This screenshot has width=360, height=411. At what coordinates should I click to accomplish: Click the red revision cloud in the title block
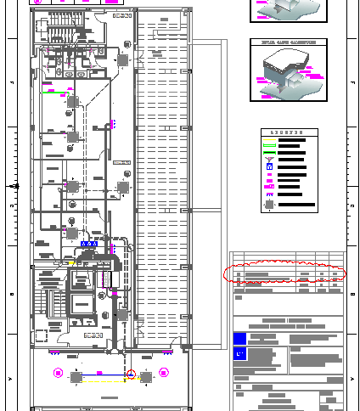click(284, 273)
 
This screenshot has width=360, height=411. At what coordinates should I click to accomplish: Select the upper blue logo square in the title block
click(239, 338)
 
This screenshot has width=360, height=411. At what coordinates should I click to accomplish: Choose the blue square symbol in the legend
click(270, 166)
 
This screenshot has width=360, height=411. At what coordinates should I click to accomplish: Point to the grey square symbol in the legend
click(270, 205)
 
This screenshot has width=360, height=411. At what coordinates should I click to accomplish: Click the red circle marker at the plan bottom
click(131, 374)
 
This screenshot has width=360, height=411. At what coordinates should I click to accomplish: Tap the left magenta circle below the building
click(58, 372)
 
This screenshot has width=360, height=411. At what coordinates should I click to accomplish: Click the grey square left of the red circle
click(76, 376)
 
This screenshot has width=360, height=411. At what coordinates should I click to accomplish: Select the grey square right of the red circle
click(146, 376)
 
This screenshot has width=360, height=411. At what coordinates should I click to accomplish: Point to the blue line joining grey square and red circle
click(104, 374)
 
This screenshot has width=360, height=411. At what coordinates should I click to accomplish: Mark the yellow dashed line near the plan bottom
click(127, 381)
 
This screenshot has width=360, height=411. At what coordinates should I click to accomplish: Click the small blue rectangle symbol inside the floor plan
click(88, 244)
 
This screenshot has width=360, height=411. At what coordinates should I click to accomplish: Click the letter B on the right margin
click(352, 295)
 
